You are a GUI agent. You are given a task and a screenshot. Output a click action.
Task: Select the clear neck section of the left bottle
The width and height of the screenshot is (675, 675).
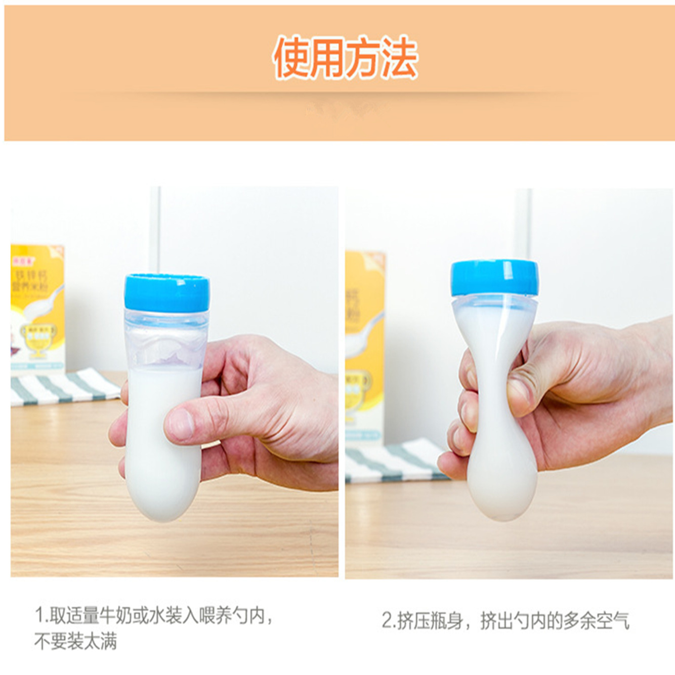click(166, 339)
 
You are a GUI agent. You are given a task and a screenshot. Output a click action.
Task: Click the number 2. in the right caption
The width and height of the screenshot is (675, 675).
click(389, 620)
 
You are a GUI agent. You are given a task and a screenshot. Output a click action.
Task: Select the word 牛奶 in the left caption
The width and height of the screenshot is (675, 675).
click(116, 616)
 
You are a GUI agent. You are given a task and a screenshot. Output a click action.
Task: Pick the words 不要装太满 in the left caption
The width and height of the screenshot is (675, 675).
click(75, 641)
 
